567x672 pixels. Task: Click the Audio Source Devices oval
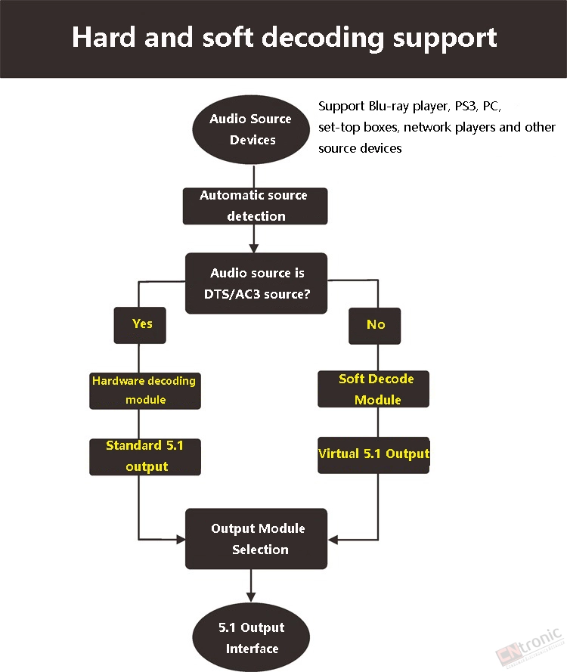click(x=251, y=129)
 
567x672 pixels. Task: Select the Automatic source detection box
click(x=255, y=206)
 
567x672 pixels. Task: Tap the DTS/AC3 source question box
click(x=256, y=283)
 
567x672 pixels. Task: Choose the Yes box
click(x=140, y=325)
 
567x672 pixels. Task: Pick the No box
click(x=374, y=326)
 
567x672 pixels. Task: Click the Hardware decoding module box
click(x=145, y=391)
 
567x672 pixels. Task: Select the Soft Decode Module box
click(x=373, y=389)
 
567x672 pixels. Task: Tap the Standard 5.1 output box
click(x=145, y=457)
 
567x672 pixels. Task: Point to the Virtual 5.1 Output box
click(x=373, y=455)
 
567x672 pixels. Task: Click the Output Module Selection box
click(x=256, y=539)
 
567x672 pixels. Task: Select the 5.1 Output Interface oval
click(x=251, y=637)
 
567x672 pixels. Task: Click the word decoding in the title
click(x=322, y=38)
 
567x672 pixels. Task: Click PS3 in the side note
click(x=466, y=106)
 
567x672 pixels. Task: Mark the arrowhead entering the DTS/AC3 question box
click(x=254, y=249)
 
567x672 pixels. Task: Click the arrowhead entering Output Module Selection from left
click(x=181, y=539)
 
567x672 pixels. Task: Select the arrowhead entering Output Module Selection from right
click(x=333, y=540)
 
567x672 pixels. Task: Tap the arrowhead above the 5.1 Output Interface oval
click(x=251, y=597)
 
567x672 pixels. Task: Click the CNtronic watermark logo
click(x=530, y=647)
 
